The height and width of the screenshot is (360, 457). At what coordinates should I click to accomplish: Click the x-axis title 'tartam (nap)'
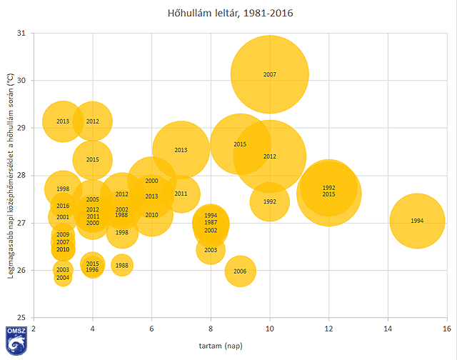240,346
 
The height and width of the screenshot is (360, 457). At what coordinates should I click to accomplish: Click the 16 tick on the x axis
446,328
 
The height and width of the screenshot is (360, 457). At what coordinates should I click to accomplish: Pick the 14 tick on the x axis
388,328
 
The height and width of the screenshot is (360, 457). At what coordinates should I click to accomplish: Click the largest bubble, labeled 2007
269,74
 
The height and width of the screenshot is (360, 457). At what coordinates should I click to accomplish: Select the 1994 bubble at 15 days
417,221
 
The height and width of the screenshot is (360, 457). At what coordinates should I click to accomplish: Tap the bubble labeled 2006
240,271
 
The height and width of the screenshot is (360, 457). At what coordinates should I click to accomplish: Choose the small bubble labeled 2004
63,277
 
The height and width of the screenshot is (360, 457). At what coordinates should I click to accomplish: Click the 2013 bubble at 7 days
181,150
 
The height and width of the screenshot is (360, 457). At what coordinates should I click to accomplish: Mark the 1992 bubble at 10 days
269,201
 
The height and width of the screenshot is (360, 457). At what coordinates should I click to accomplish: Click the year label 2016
63,206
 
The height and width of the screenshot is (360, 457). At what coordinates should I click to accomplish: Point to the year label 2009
63,235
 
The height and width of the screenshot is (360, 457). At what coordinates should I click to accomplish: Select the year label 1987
211,223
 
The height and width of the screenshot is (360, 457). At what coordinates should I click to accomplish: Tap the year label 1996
92,270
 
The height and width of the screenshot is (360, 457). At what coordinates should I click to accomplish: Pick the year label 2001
63,217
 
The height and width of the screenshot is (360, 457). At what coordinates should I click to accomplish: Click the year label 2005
92,200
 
